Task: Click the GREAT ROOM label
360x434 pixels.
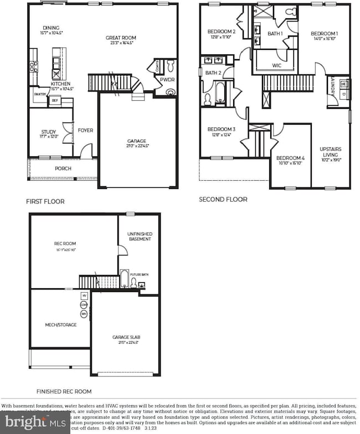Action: [121, 38]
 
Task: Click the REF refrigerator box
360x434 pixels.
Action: [54, 101]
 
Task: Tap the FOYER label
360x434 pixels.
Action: [85, 131]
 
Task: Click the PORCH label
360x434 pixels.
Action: [63, 169]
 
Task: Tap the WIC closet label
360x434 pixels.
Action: [277, 65]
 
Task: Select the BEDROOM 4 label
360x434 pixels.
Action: [290, 157]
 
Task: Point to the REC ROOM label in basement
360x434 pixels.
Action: [65, 243]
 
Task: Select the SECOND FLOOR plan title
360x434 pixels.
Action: [223, 200]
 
